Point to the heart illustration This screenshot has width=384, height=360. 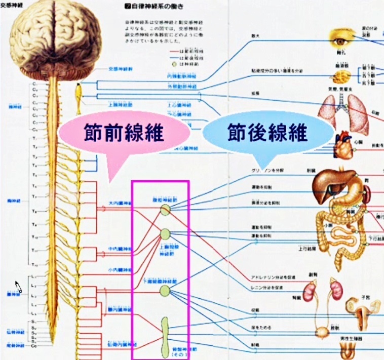(343, 145)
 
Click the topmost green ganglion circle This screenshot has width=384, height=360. (165, 209)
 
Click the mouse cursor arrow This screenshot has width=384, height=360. (18, 287)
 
